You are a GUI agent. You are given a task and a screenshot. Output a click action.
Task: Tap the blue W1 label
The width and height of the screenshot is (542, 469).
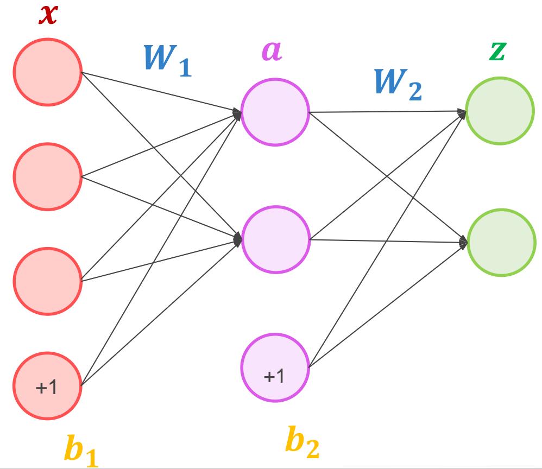click(x=167, y=61)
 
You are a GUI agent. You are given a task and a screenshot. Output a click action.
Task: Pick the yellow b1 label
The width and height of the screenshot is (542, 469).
click(x=82, y=448)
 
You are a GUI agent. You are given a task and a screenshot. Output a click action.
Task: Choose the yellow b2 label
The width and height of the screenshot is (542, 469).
click(x=302, y=442)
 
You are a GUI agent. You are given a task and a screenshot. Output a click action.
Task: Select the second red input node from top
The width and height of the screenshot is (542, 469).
click(x=47, y=176)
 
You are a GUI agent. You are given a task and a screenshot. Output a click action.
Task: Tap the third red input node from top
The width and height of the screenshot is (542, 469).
click(x=47, y=280)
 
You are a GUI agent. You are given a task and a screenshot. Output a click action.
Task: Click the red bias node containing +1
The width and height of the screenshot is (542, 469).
click(x=47, y=386)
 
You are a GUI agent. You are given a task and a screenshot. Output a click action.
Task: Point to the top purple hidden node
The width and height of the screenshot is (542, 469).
click(x=275, y=113)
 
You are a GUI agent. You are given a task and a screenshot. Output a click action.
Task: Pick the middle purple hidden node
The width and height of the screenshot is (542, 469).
click(x=275, y=239)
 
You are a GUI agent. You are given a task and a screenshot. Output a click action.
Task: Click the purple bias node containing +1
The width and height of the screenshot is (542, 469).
click(x=275, y=368)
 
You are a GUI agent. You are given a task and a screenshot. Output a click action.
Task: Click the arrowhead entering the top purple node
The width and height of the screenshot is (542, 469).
click(x=238, y=113)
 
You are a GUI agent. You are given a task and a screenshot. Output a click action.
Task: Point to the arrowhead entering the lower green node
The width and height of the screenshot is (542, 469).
click(x=463, y=243)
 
